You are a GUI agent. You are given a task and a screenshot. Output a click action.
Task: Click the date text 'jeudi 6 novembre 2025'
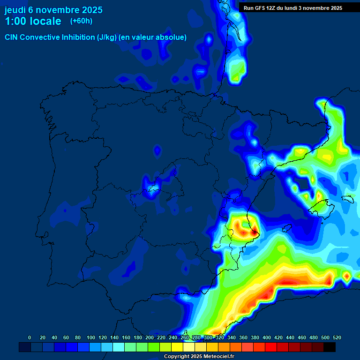tap(53, 10)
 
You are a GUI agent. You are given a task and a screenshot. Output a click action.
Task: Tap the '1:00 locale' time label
tap(33, 21)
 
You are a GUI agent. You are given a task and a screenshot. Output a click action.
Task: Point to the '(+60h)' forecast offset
tap(81, 21)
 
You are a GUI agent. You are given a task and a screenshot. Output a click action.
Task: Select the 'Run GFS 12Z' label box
tap(292, 8)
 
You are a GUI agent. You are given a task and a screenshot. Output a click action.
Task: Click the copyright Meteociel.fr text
tap(199, 357)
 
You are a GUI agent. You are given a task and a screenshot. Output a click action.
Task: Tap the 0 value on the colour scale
tap(30, 337)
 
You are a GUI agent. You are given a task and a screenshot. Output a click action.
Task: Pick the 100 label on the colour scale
tap(90, 337)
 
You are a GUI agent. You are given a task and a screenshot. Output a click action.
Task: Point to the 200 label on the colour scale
tap(150, 337)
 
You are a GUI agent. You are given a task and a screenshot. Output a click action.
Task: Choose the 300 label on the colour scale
tap(208, 337)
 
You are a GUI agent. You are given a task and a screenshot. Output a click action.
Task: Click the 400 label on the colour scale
tap(267, 337)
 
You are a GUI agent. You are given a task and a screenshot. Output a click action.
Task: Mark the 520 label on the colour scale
tap(337, 337)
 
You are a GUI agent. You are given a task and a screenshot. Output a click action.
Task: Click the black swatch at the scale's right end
tap(330, 347)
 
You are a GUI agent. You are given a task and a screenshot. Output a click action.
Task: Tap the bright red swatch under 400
tap(271, 347)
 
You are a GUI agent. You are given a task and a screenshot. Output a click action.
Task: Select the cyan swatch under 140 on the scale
tap(119, 347)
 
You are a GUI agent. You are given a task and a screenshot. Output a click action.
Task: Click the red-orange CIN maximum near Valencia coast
tap(244, 229)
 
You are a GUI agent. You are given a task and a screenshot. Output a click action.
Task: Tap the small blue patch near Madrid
tap(151, 187)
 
